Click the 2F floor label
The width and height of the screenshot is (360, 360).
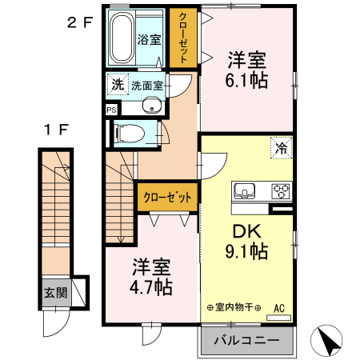[80, 22]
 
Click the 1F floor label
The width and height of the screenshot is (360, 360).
[56, 128]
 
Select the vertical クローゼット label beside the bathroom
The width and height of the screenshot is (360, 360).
[183, 38]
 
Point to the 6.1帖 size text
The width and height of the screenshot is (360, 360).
[246, 80]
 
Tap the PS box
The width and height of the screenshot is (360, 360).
[111, 110]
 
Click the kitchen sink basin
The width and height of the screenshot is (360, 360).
[245, 191]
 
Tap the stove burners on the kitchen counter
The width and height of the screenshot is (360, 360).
[281, 191]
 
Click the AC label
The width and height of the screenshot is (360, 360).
[279, 307]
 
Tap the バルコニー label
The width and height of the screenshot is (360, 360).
[246, 341]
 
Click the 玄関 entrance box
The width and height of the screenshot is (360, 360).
[56, 293]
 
